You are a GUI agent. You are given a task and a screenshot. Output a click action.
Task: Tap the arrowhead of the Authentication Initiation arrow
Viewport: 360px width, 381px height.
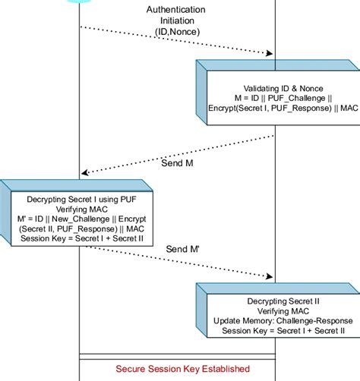pyautogui.click(x=270, y=53)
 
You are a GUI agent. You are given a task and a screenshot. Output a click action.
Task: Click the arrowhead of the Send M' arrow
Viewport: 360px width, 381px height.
pyautogui.click(x=270, y=277)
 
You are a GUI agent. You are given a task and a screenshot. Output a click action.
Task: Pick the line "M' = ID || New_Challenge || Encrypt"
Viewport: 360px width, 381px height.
pyautogui.click(x=79, y=219)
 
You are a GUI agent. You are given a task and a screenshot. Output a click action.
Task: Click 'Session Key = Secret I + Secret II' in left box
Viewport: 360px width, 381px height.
pyautogui.click(x=79, y=239)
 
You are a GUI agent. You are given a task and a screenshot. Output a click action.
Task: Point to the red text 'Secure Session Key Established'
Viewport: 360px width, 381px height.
pyautogui.click(x=182, y=369)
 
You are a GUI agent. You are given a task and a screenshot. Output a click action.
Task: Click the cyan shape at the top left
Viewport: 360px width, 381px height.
pyautogui.click(x=80, y=2)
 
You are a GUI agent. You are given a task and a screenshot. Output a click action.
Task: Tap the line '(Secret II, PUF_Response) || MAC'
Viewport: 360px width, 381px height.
pyautogui.click(x=79, y=229)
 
